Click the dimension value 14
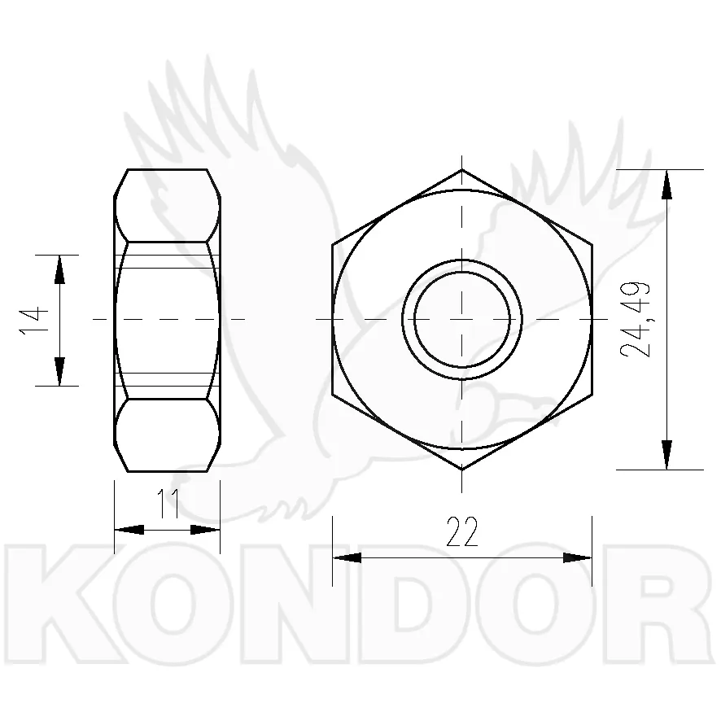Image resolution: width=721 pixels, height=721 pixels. [x=34, y=320]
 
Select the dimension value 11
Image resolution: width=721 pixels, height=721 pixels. [x=168, y=503]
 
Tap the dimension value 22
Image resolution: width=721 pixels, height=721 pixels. [x=462, y=531]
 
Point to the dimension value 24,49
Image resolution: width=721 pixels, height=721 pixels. [x=635, y=320]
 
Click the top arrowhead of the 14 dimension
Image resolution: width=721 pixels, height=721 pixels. [x=59, y=269]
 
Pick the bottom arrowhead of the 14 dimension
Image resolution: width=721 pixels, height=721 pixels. [x=59, y=372]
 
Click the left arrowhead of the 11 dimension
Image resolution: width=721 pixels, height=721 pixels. [x=129, y=530]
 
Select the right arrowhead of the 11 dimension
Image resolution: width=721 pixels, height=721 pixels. [x=206, y=530]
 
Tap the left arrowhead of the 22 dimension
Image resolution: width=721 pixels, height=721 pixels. [x=347, y=557]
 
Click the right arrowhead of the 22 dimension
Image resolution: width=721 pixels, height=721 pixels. [x=578, y=557]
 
